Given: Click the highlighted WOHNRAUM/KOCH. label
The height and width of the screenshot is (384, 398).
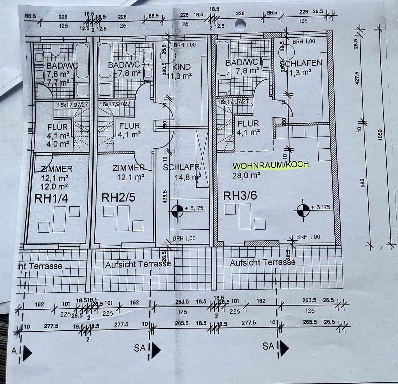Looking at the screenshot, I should [x=271, y=166].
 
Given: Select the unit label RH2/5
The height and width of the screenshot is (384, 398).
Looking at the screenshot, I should [x=118, y=198].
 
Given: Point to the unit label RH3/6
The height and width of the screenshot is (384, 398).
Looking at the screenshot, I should [x=240, y=196].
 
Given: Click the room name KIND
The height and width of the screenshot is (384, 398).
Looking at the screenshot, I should [x=181, y=67].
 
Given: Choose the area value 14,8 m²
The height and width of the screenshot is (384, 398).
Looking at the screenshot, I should [x=188, y=177].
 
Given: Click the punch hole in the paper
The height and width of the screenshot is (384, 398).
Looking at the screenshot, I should [x=240, y=24].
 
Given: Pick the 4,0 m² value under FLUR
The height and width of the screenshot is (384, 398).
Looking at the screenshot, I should [x=58, y=144].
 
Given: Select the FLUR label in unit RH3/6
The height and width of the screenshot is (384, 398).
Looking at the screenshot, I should [x=248, y=124].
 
